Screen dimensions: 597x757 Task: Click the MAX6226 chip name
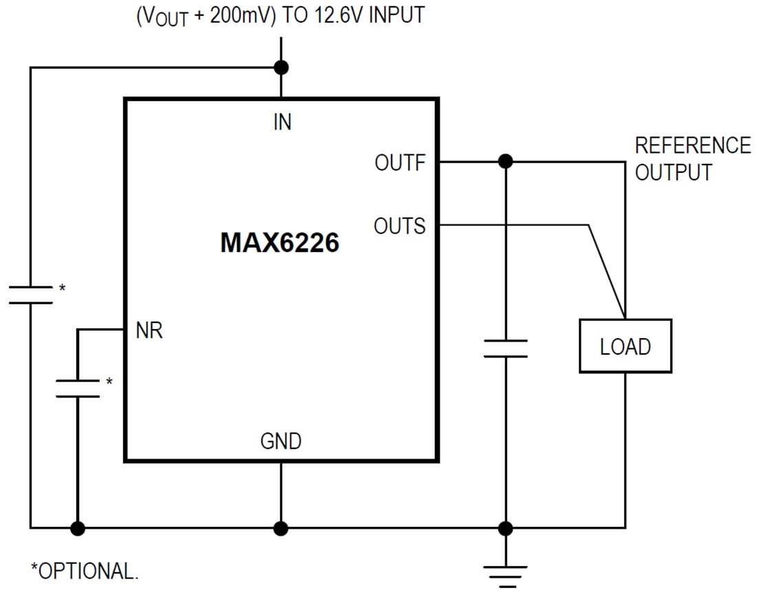279,243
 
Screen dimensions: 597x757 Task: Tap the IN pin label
282,122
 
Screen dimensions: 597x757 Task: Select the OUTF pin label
400,163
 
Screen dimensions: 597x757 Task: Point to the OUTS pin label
399,226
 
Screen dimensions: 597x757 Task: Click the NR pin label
149,331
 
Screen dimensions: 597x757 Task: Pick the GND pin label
281,441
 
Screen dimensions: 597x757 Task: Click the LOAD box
625,346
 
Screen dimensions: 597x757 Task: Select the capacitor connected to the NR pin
77,388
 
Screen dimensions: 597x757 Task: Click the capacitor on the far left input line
30,295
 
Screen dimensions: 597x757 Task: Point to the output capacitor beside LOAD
505,348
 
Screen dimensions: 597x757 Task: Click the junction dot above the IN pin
281,67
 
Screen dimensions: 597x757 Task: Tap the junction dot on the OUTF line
505,162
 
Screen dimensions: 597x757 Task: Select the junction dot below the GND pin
281,528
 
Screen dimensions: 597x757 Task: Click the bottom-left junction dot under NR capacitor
77,528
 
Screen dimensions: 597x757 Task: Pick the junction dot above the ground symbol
505,528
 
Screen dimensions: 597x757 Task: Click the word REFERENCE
692,146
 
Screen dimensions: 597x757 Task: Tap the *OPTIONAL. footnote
84,571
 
